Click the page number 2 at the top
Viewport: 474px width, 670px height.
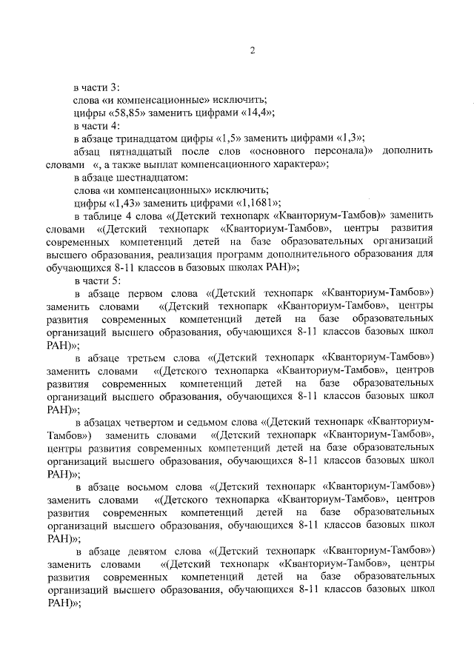pyautogui.click(x=252, y=50)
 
